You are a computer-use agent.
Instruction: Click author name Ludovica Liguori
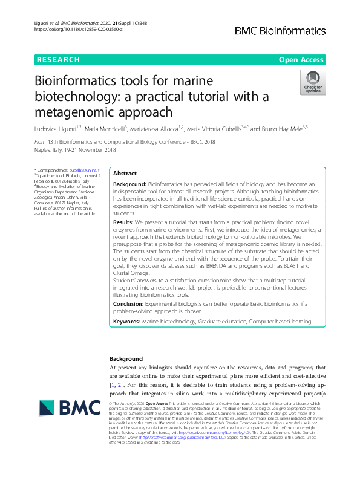[x=57, y=128]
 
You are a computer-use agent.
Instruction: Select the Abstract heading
[x=125, y=172]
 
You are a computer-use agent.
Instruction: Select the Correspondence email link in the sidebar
[x=85, y=170]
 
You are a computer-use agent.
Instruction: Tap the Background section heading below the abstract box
[x=126, y=358]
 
